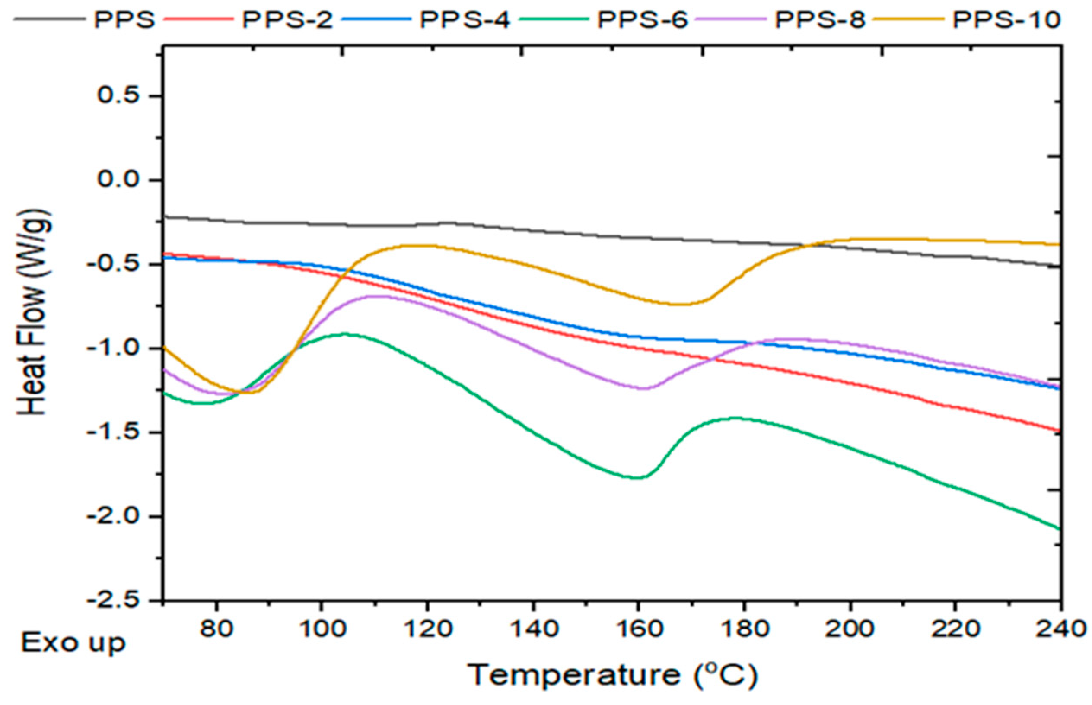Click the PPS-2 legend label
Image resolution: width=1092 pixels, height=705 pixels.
287,20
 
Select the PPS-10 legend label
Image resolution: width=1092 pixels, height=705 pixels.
1006,20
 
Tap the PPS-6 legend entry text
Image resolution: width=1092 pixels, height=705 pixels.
643,20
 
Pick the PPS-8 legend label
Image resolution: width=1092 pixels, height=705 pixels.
820,20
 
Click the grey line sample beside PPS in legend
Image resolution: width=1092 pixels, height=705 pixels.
49,20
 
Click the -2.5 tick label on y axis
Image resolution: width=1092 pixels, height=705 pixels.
112,600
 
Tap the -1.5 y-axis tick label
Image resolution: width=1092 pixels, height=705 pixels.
112,432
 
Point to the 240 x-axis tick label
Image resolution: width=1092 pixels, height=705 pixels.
1060,629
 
